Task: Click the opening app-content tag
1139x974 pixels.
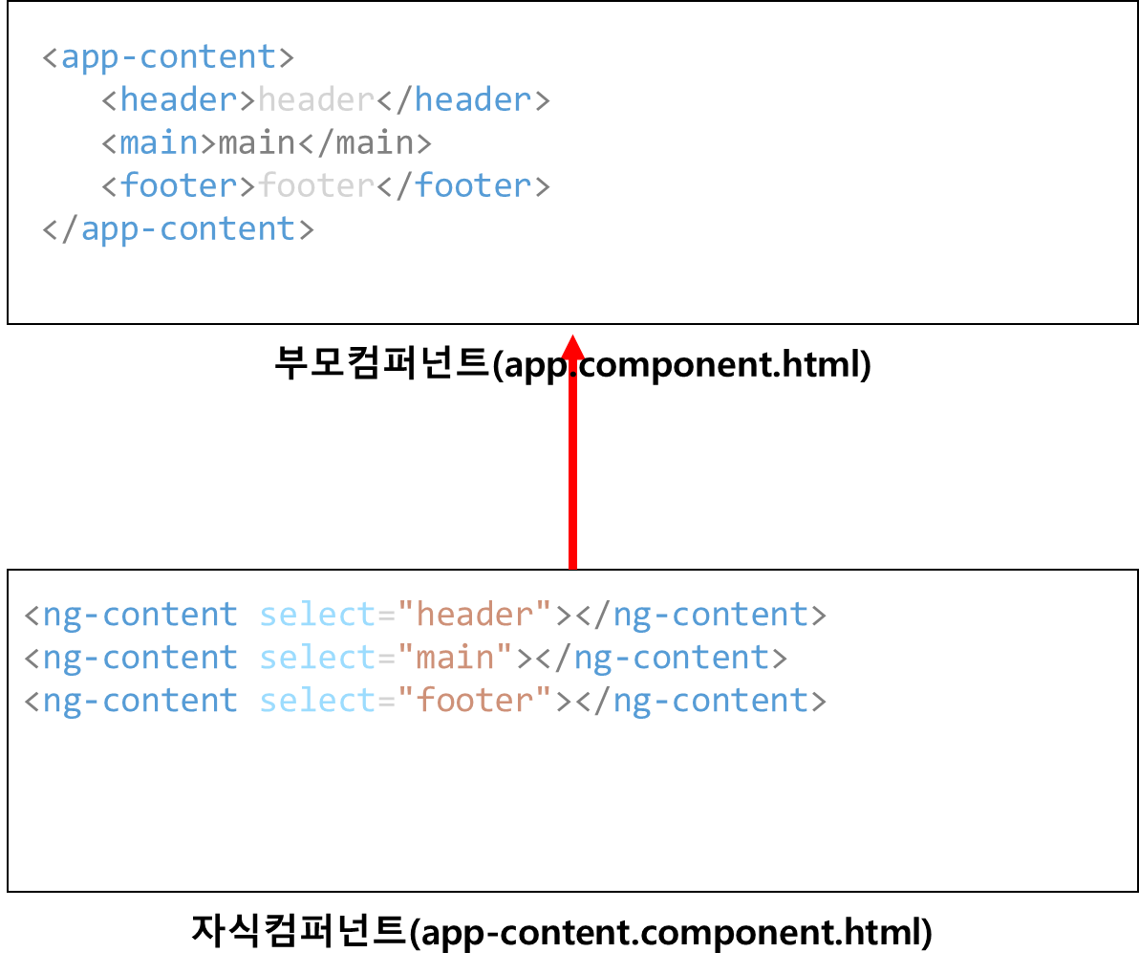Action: (168, 57)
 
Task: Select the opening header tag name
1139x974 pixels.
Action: (179, 100)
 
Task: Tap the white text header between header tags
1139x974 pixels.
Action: (316, 100)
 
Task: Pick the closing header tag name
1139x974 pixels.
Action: (473, 100)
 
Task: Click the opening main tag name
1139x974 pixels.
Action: (160, 143)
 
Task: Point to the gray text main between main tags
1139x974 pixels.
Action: (257, 143)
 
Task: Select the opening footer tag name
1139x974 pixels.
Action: (179, 186)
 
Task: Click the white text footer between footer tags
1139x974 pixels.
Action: (316, 186)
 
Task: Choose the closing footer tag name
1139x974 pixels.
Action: (473, 186)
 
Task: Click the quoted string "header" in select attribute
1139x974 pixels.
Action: (476, 615)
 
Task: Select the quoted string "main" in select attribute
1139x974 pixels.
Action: (456, 658)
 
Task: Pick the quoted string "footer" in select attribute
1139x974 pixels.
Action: (476, 701)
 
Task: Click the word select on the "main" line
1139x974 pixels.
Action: (316, 658)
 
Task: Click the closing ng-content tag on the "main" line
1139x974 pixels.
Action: (671, 658)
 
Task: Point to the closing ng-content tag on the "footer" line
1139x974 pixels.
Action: (710, 701)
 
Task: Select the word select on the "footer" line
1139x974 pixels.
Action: (316, 701)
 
